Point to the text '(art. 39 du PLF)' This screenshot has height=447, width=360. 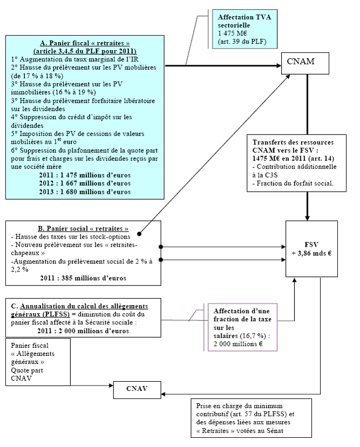[241, 42]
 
